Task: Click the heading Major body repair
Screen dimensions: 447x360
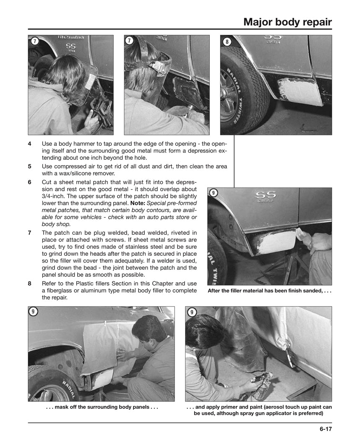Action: pos(287,22)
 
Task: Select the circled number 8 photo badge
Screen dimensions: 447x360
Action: pos(227,41)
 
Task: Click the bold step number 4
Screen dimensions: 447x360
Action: pos(30,144)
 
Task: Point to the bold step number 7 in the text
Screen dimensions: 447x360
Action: pos(30,233)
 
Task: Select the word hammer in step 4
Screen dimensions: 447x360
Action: pos(88,144)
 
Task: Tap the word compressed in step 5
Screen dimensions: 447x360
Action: pos(72,166)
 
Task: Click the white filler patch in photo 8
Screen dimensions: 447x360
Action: pos(300,91)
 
